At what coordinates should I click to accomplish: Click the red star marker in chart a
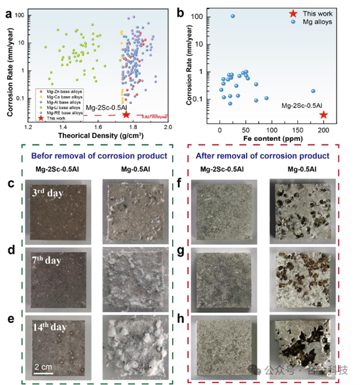click(x=126, y=114)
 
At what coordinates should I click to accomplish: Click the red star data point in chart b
click(x=323, y=115)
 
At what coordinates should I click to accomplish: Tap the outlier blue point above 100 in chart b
click(x=233, y=16)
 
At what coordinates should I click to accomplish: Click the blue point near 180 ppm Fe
click(x=313, y=91)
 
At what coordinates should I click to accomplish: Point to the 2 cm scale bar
click(x=42, y=370)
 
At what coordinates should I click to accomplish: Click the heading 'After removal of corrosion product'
click(x=264, y=156)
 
